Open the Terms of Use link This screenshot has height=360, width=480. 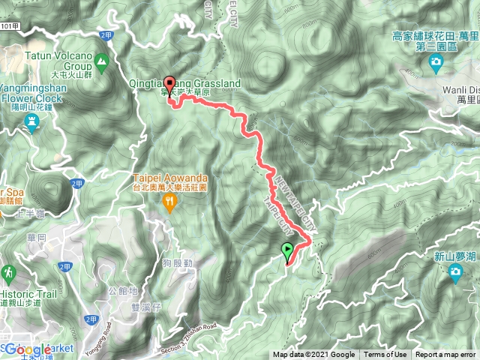(x=385, y=355)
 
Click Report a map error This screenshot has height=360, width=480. (x=445, y=355)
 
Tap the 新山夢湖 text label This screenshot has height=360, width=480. (x=456, y=256)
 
